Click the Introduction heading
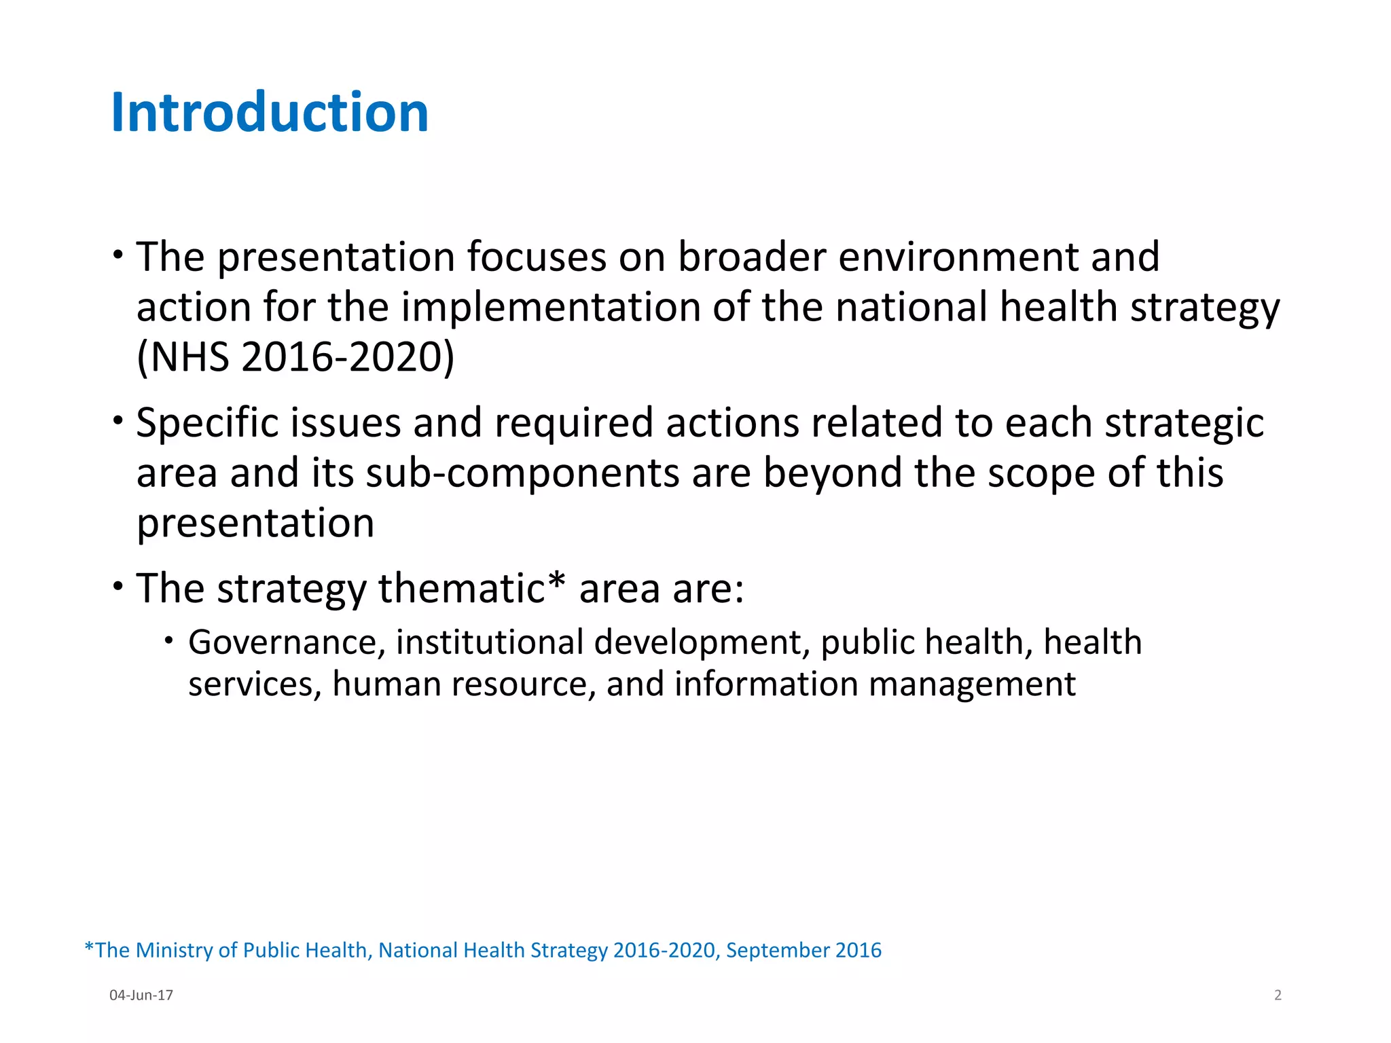270,112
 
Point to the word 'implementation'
551,307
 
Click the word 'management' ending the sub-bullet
972,684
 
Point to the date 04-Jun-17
141,995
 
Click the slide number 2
1278,995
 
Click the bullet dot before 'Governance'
169,640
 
